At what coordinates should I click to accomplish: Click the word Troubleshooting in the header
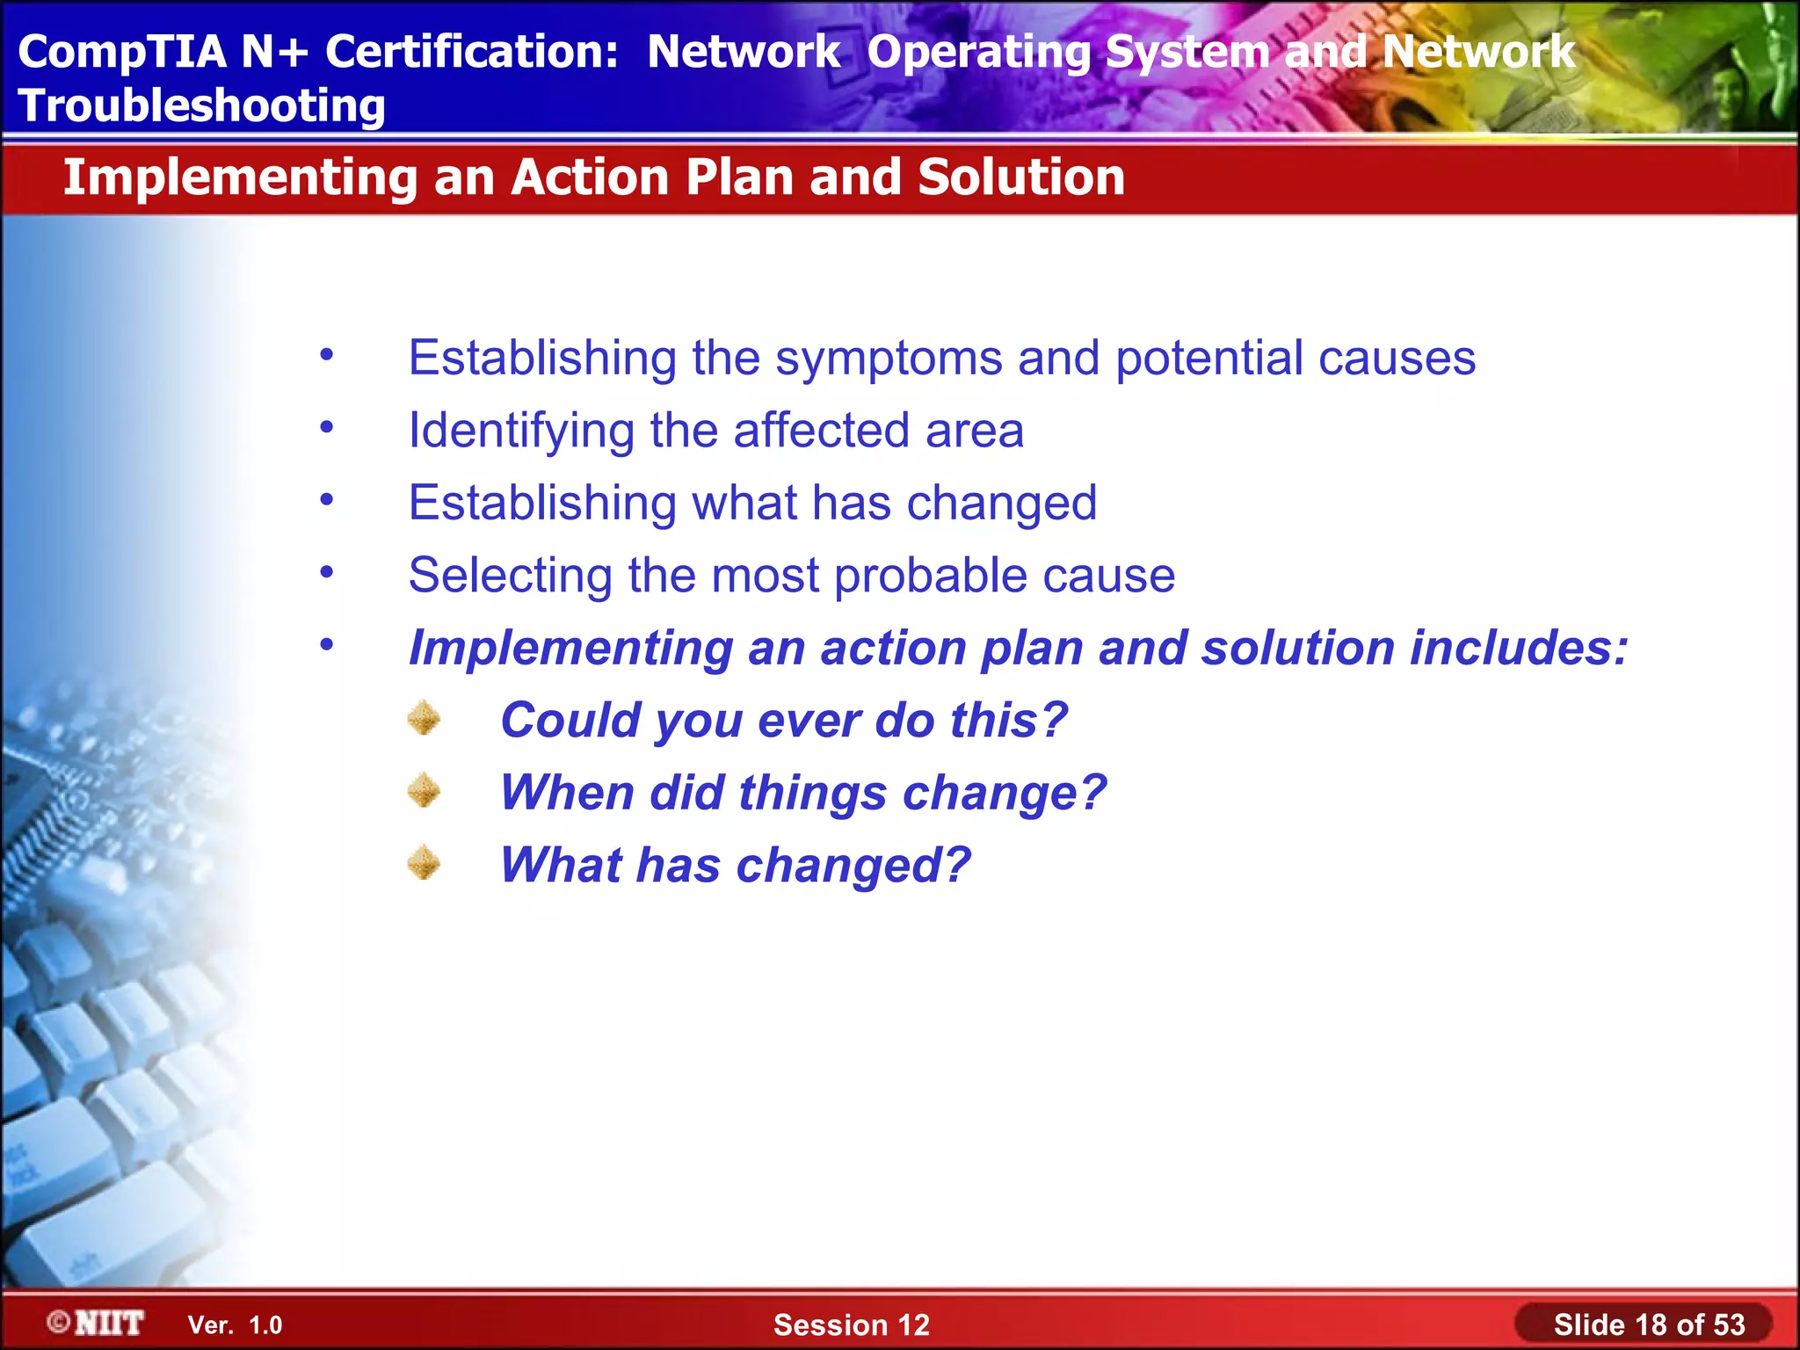click(x=201, y=106)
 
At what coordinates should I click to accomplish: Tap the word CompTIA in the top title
click(x=122, y=51)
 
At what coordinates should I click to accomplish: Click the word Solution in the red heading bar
click(x=1020, y=178)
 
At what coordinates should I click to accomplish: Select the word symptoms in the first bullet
click(x=889, y=359)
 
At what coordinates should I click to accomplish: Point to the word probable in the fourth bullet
click(x=930, y=576)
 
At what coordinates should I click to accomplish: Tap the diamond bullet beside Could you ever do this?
click(x=424, y=718)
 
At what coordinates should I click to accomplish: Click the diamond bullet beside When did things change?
click(x=424, y=790)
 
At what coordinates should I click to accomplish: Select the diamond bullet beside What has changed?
click(x=424, y=862)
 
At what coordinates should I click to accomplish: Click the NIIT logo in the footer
click(x=96, y=1323)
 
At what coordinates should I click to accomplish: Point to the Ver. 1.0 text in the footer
click(x=235, y=1325)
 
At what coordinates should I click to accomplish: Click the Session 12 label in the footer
click(x=851, y=1325)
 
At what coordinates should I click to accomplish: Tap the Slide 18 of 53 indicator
click(x=1648, y=1325)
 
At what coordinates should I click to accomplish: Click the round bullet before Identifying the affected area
click(x=327, y=428)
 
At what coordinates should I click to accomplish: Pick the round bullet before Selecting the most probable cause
click(x=327, y=573)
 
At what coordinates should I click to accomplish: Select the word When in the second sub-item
click(x=566, y=793)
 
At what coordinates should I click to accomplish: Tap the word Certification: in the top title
click(x=472, y=51)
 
